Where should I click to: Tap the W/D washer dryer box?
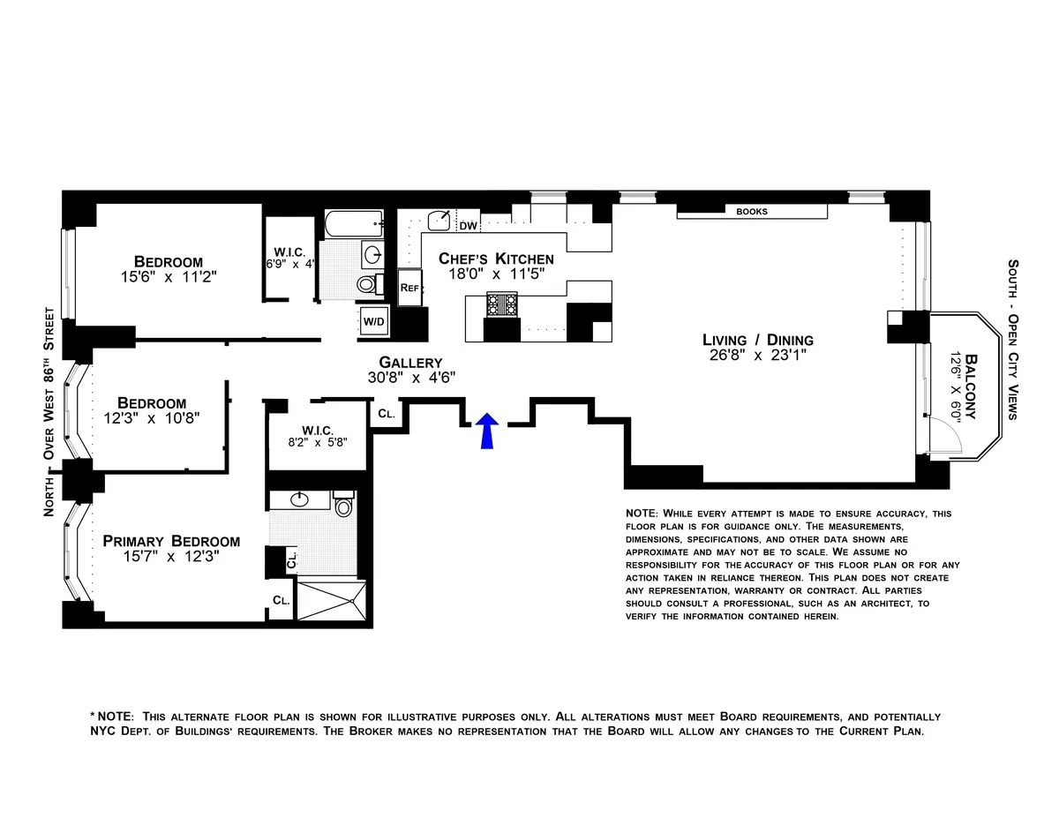[373, 322]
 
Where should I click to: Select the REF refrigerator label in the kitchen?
[409, 289]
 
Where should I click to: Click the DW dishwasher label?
[469, 227]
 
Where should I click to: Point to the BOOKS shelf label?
[751, 212]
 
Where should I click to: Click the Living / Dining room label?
[757, 340]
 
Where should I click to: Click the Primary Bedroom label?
[171, 541]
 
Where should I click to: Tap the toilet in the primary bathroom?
[343, 505]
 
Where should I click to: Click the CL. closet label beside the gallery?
[386, 413]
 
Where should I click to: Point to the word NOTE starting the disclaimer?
[641, 514]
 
